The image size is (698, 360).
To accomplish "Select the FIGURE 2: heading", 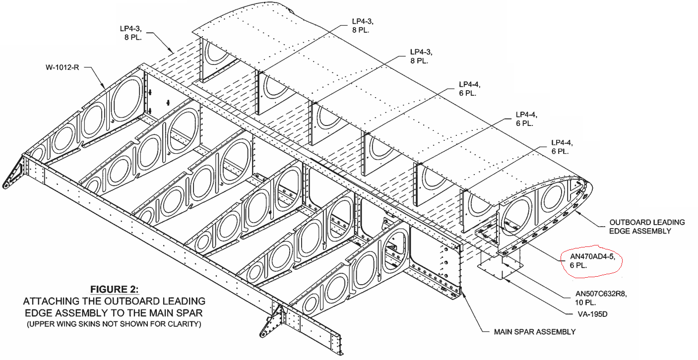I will click(114, 289).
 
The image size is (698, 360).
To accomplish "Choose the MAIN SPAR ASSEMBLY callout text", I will click(535, 332).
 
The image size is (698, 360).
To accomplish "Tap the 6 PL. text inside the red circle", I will click(573, 266).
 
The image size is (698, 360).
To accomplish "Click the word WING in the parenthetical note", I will click(73, 325).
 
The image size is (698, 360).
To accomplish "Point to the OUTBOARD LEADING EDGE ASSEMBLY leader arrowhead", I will click(578, 208).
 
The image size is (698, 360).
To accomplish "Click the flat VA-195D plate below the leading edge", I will click(499, 268).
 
